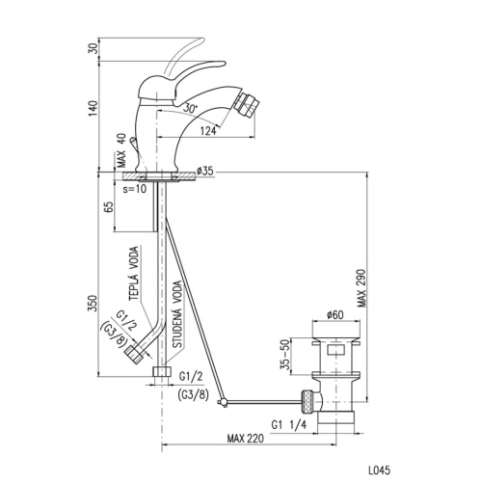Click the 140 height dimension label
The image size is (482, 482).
(93, 109)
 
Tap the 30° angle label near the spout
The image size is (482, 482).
(190, 108)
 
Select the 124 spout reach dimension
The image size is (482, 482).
(208, 131)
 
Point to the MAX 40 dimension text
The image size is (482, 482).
(121, 150)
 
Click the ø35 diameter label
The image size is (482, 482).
(205, 171)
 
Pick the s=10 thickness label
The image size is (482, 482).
(135, 189)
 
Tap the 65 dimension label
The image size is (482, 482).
(109, 206)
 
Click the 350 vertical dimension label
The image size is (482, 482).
(93, 303)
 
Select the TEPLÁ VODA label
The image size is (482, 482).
(134, 273)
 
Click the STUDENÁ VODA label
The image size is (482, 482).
(177, 314)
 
